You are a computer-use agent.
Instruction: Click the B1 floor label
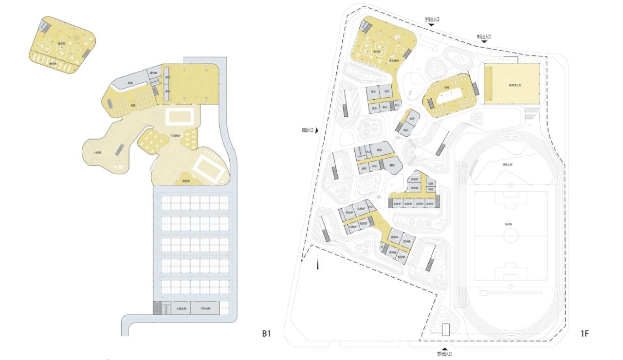(x=266, y=333)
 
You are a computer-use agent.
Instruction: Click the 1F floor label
(x=585, y=333)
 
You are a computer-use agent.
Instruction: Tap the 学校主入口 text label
(x=431, y=19)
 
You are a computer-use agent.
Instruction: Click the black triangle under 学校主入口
(x=431, y=25)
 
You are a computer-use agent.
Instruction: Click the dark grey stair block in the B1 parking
(x=157, y=308)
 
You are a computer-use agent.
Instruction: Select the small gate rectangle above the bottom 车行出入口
(x=445, y=330)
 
